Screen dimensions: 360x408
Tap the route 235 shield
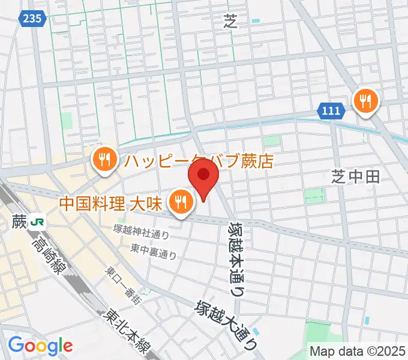point(33,19)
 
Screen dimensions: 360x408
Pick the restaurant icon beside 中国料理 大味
point(179,201)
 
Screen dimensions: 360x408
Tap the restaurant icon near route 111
point(365,100)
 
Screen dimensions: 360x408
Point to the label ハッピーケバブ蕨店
point(199,161)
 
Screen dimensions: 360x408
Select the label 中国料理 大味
point(111,202)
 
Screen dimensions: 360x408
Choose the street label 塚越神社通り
point(142,232)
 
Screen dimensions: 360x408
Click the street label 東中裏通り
point(154,250)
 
